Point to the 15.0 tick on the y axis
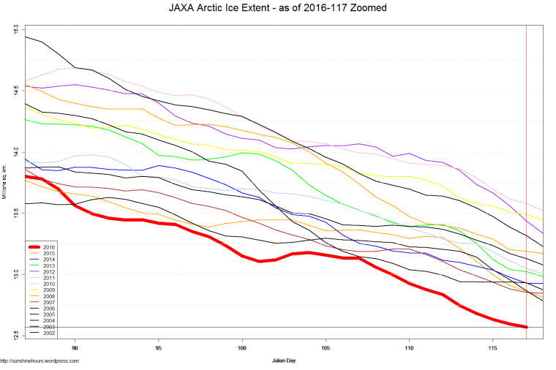15,29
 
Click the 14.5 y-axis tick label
15,91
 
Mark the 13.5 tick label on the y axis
15,214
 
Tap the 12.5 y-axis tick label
15,336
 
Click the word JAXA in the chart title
181,8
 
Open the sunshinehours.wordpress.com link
40,360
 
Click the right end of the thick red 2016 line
525,326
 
